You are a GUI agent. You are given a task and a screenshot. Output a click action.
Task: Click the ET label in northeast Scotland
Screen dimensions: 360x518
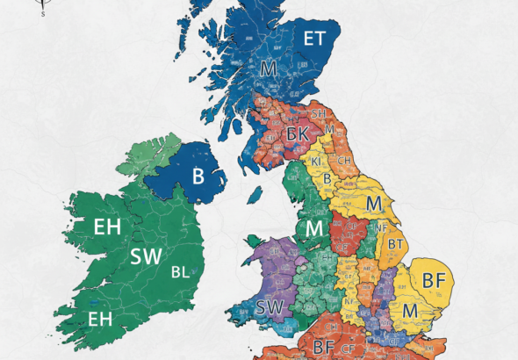click(x=314, y=38)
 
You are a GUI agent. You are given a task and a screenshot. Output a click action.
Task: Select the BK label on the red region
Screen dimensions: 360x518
click(x=297, y=134)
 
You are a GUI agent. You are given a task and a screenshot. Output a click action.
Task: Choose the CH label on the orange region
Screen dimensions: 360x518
click(x=346, y=161)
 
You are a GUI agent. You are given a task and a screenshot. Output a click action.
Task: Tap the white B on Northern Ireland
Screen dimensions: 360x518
click(x=198, y=176)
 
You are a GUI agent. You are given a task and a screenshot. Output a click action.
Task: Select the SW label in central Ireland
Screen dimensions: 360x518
click(x=146, y=257)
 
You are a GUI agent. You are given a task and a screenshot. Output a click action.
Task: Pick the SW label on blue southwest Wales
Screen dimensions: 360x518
click(x=269, y=308)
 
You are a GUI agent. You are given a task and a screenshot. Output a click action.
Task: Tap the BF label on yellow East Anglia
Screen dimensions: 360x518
click(x=434, y=281)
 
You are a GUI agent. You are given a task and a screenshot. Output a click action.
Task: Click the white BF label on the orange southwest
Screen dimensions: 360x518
click(x=324, y=347)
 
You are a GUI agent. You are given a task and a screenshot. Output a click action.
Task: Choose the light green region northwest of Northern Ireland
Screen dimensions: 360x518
click(x=149, y=156)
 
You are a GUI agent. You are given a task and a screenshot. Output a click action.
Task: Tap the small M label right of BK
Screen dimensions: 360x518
click(x=328, y=129)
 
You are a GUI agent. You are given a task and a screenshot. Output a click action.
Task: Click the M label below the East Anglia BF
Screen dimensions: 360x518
click(x=408, y=310)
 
